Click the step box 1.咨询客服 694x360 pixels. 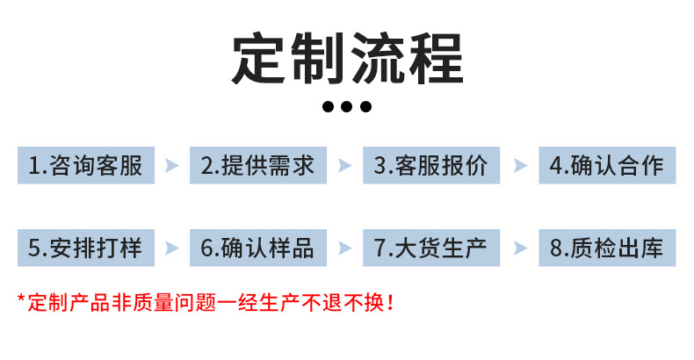pos(85,165)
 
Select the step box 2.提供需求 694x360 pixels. pos(258,165)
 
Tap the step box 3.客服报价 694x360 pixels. pos(431,165)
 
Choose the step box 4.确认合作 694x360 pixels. pos(607,165)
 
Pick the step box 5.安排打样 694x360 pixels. pos(85,247)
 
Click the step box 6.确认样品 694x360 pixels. pos(258,247)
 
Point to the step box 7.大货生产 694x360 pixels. pos(431,247)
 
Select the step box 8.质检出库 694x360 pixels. pos(607,247)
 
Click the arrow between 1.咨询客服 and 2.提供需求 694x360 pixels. pos(172,165)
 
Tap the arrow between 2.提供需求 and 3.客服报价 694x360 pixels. pos(345,165)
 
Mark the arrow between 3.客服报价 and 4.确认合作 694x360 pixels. pos(520,165)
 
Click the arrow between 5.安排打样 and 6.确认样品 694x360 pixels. pos(172,247)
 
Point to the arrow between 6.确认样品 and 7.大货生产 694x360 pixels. pos(345,247)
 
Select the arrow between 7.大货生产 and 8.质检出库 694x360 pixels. pos(520,247)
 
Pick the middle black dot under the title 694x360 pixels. pos(347,107)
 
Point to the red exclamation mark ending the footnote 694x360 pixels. pos(390,304)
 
